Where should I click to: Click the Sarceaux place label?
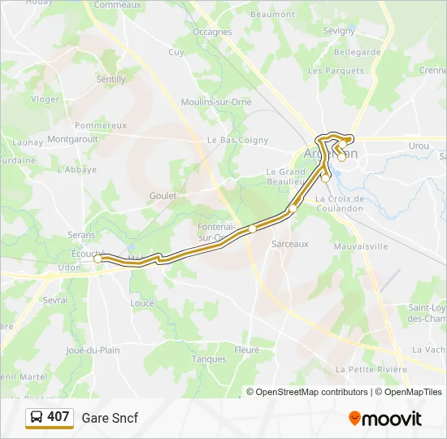click(290, 243)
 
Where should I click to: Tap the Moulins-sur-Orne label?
click(217, 102)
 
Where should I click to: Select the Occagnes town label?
click(212, 33)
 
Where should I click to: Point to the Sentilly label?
click(111, 80)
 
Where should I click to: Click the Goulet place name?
click(163, 196)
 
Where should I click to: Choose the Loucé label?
click(142, 302)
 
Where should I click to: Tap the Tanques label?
click(209, 359)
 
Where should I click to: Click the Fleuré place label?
click(246, 350)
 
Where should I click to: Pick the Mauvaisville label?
click(362, 246)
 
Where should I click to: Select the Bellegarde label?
click(358, 52)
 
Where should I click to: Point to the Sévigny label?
click(339, 31)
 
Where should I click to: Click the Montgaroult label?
click(72, 139)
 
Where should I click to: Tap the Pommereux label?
click(101, 125)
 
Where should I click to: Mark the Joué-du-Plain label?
click(93, 350)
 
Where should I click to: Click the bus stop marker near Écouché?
click(98, 259)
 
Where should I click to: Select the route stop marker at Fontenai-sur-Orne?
click(253, 228)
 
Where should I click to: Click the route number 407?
click(59, 417)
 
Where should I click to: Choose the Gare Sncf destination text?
click(110, 418)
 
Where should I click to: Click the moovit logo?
click(385, 418)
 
